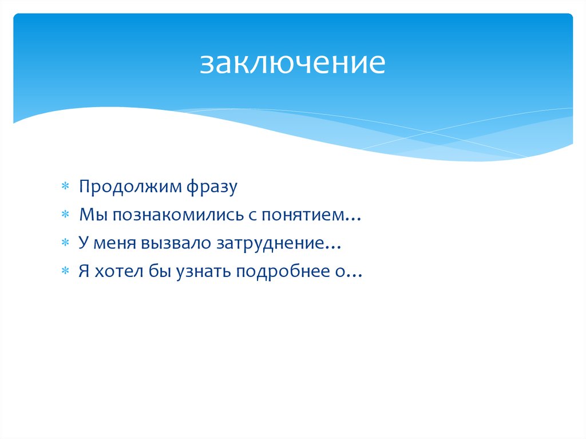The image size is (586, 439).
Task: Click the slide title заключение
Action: point(292,64)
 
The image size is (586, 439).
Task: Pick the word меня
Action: point(112,244)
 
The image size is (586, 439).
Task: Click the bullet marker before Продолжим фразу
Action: point(65,187)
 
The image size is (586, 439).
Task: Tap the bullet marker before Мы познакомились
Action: point(65,216)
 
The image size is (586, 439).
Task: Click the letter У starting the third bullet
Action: point(84,244)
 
